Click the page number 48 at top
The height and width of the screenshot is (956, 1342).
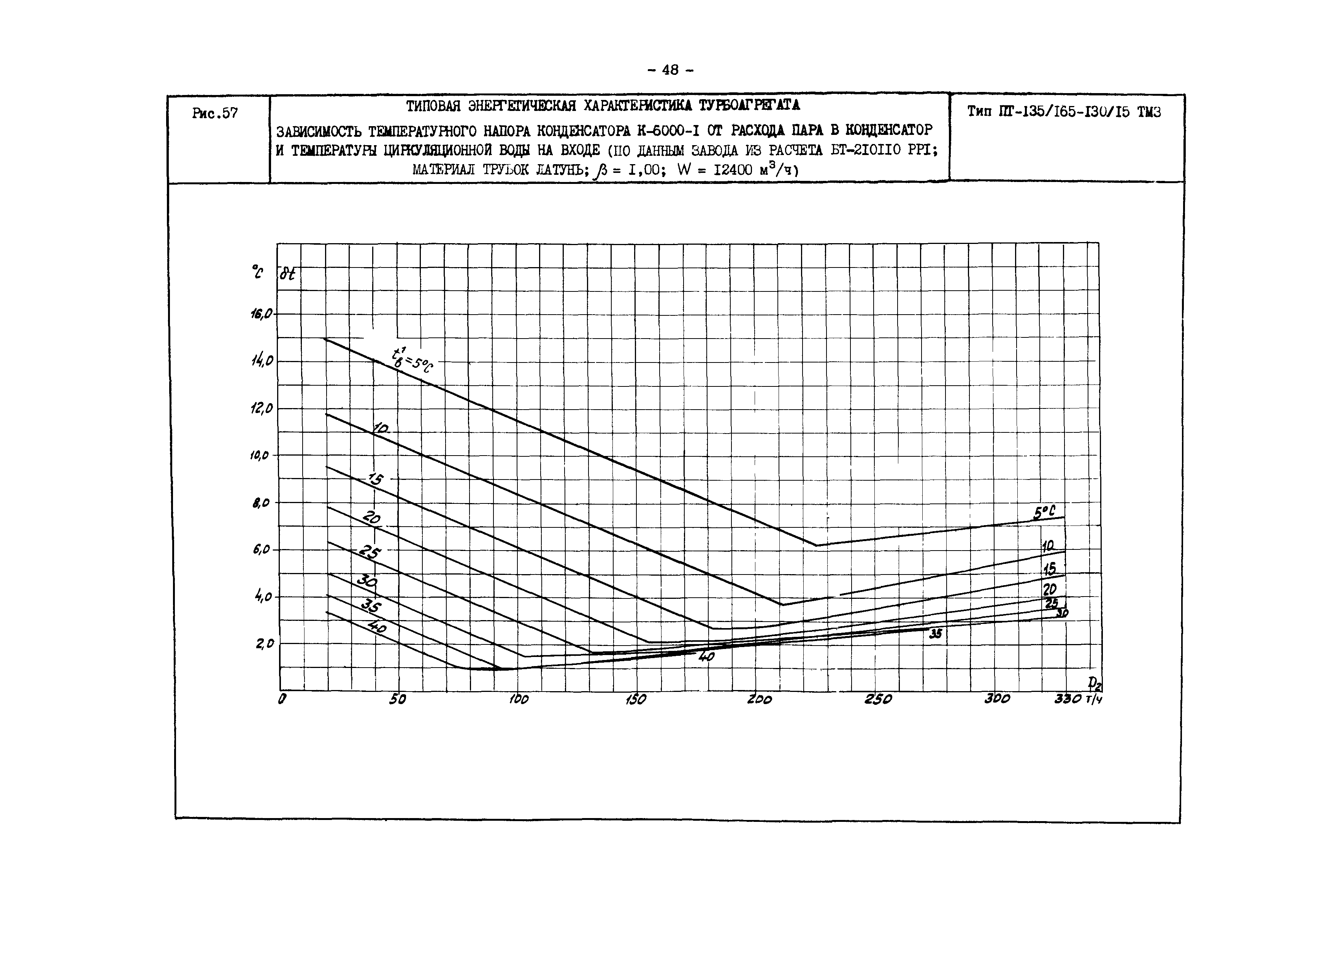tap(670, 70)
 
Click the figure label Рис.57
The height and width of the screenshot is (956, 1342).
tap(215, 113)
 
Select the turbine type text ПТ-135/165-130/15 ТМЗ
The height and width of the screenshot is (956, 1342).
tap(1064, 112)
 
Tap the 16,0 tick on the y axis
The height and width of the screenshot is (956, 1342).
tap(262, 314)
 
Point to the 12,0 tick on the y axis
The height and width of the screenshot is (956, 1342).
tap(262, 408)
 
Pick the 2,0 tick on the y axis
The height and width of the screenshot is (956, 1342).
tap(264, 644)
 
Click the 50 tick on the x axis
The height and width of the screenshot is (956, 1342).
tap(398, 700)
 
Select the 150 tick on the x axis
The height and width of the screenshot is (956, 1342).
tap(636, 700)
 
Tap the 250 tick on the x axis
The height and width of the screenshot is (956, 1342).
tap(878, 700)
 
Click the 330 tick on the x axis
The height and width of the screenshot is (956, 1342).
tap(1068, 700)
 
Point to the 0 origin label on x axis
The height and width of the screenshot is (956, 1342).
tap(282, 700)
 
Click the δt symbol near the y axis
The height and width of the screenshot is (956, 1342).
tap(287, 274)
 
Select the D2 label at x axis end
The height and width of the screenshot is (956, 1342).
tap(1095, 684)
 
